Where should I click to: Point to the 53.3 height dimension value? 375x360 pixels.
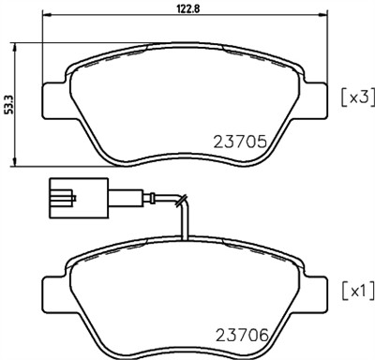click(10, 101)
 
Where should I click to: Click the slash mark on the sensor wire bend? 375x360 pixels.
click(185, 199)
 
